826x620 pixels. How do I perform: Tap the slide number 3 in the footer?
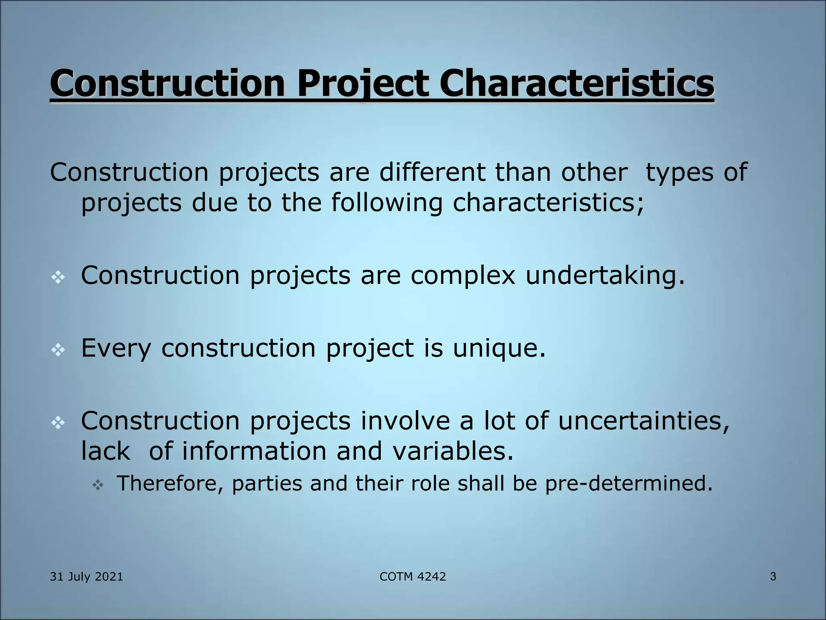point(773,576)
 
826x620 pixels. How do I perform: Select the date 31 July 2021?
point(86,576)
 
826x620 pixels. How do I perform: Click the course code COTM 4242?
point(413,576)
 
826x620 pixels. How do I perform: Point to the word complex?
point(463,276)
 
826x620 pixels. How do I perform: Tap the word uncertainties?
point(644,421)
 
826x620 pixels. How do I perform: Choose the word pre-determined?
point(629,484)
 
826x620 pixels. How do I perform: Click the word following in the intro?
point(387,203)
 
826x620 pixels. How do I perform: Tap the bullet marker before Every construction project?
point(58,350)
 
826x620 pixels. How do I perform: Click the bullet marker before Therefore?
point(98,485)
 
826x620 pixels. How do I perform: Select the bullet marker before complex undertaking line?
point(58,277)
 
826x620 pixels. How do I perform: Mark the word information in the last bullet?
point(254,451)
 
